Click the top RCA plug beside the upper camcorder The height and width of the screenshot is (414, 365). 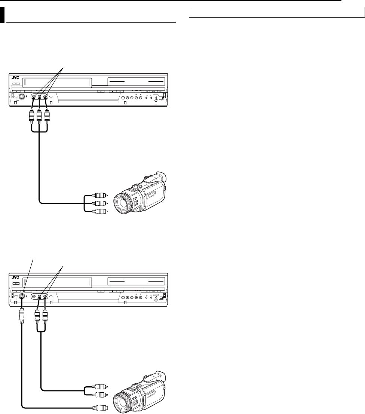click(100, 195)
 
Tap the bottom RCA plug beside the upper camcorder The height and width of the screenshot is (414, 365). click(100, 212)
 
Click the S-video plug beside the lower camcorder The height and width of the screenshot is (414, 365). click(100, 408)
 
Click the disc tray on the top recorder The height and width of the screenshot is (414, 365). click(136, 82)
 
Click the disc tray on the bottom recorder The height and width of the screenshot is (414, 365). click(136, 280)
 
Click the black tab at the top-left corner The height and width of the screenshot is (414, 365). click(2, 15)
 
